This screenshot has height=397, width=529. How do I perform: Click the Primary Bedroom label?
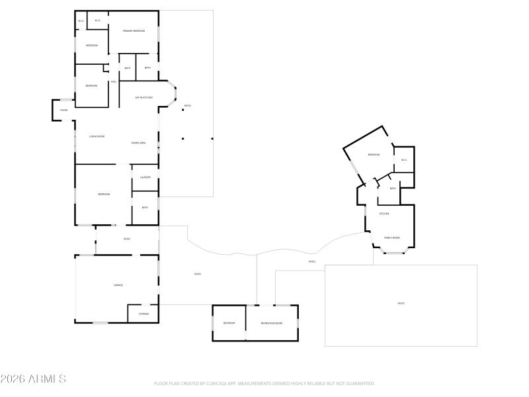tap(134, 31)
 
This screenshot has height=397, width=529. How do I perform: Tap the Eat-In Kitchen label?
tap(144, 97)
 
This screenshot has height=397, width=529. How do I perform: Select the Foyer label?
tap(64, 110)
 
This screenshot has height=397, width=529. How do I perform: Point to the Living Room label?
tap(97, 136)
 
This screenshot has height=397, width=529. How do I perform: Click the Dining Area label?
tap(138, 143)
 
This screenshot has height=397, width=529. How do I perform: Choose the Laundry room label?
tap(145, 177)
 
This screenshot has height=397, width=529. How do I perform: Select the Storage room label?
tap(143, 314)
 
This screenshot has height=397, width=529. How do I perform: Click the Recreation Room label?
tap(271, 323)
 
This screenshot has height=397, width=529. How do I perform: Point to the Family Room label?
tap(392, 238)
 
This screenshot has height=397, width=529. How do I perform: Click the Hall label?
tap(114, 81)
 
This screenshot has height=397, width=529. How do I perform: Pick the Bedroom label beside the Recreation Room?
tap(229, 323)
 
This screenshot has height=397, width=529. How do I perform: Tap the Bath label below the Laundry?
tap(145, 208)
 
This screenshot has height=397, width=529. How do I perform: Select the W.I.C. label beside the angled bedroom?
tap(403, 159)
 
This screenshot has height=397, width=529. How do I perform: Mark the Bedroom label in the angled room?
tap(374, 154)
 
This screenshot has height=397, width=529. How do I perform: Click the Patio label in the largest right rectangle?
tap(401, 304)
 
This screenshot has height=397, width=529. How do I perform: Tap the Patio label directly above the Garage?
tap(127, 239)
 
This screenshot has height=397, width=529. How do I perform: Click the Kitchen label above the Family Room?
tap(384, 214)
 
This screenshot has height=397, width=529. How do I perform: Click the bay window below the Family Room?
tap(395, 252)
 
